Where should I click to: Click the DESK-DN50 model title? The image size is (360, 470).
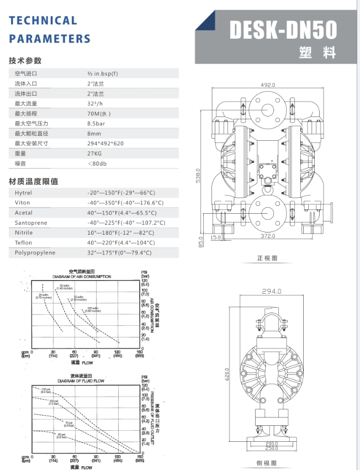tap(283, 30)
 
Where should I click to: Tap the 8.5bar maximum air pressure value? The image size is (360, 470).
tap(97, 123)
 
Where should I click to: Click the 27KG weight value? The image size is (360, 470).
tap(95, 153)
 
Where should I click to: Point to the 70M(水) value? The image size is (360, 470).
tap(99, 113)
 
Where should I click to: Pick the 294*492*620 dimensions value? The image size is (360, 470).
tap(105, 143)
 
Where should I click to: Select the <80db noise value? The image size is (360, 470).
tap(97, 163)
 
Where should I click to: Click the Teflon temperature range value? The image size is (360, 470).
tap(121, 242)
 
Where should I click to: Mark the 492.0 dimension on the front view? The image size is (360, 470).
tap(268, 85)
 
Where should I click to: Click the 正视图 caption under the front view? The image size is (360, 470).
tap(267, 258)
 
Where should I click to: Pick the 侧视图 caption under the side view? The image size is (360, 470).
tap(267, 463)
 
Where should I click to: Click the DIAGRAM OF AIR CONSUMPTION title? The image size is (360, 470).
tap(82, 276)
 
